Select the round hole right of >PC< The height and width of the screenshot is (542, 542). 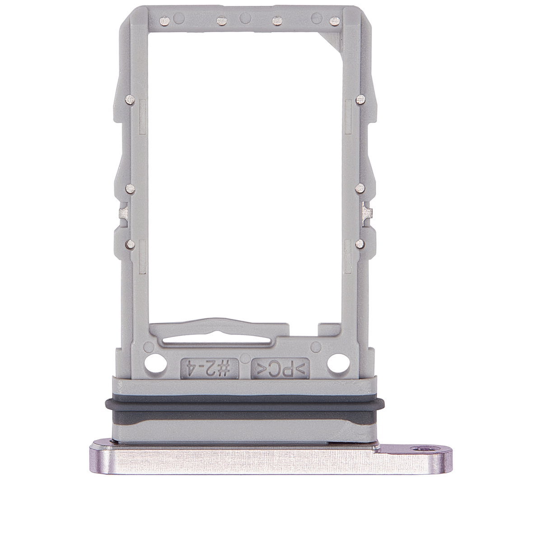pyautogui.click(x=336, y=362)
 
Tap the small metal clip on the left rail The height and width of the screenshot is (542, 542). pyautogui.click(x=122, y=213)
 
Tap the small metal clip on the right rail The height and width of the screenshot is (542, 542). pyautogui.click(x=366, y=211)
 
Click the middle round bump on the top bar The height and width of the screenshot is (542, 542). pyautogui.click(x=245, y=19)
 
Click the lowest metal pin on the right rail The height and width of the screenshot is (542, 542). pyautogui.click(x=360, y=244)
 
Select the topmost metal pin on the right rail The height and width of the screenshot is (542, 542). pyautogui.click(x=360, y=98)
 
